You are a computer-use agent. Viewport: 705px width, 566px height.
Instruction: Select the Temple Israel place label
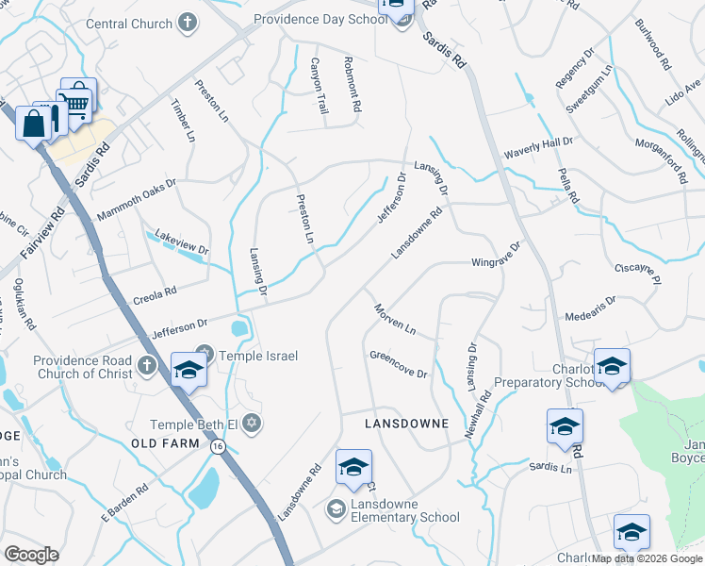coord(258,356)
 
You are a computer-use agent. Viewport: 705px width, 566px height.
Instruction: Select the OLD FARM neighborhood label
coord(168,443)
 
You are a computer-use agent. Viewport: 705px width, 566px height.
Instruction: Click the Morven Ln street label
coord(395,318)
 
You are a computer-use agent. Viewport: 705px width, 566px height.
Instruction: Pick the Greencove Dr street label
coord(399,366)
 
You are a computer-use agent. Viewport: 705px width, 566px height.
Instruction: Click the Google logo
coord(32,554)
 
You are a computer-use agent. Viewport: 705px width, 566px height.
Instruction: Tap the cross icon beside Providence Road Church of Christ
coord(147,365)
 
